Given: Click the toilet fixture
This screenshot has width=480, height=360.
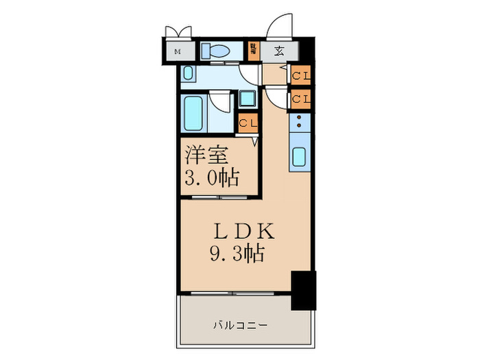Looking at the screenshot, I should click(217, 51).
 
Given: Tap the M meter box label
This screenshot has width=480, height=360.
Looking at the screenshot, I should click(178, 52).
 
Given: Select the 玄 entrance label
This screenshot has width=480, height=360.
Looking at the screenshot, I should click(280, 51).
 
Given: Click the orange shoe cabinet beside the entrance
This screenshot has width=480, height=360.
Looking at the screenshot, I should click(254, 51).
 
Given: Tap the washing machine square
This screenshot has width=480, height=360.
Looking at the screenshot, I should click(247, 98).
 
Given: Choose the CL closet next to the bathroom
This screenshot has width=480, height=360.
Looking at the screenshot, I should click(248, 124).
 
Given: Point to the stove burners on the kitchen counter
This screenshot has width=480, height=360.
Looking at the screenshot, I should click(300, 123).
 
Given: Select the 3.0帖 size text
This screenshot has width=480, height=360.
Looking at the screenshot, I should click(212, 179).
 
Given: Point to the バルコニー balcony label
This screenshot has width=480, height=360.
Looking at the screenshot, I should click(239, 324).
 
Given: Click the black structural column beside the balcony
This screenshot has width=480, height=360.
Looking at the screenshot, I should click(304, 289).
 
